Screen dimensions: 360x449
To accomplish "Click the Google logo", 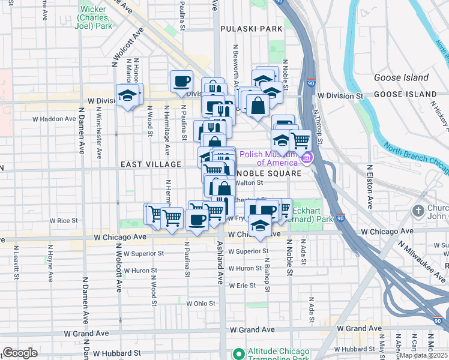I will (20, 353).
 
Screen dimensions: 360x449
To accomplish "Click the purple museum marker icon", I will (307, 158).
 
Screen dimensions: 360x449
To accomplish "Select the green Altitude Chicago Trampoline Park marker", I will (238, 353).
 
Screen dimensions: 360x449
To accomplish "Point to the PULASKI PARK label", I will (251, 28).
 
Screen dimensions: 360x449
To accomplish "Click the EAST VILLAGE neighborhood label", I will (151, 164).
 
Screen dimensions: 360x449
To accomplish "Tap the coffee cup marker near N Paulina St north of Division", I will (181, 81).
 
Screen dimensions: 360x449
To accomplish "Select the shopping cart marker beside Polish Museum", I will (300, 141).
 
